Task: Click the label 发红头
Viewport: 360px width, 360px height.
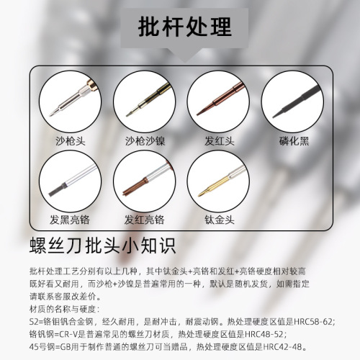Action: click(x=216, y=141)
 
